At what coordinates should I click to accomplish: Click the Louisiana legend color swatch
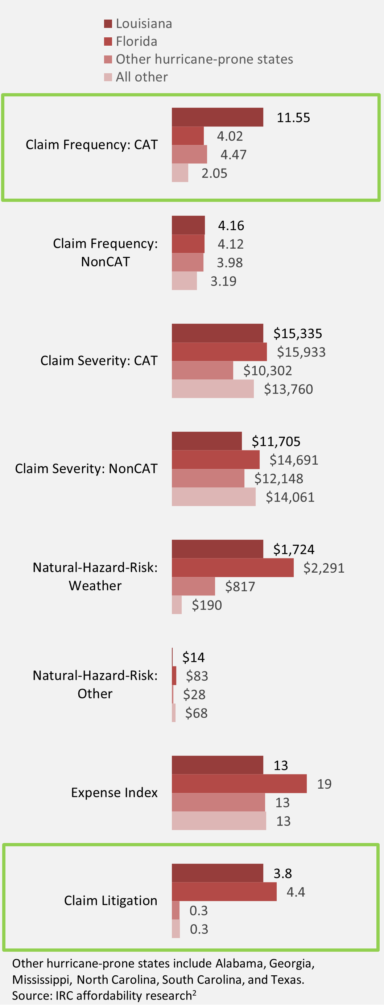coord(108,24)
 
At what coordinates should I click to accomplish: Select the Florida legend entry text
coord(136,41)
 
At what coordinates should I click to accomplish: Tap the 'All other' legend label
coord(142,77)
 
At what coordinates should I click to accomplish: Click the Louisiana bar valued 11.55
coord(217,117)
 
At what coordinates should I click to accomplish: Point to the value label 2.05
coord(214,173)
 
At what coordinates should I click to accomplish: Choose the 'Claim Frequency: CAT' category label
coord(92,145)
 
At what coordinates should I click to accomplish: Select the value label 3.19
coord(223,281)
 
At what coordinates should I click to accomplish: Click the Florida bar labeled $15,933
coord(219,352)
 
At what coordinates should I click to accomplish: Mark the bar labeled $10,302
coord(202,370)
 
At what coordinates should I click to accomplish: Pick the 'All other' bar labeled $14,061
coord(214,497)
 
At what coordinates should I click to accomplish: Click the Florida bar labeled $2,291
coord(232,568)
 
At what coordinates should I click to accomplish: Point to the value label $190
coord(207,605)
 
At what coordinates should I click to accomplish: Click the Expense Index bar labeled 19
coord(239,784)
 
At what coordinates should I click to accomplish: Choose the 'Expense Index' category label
coord(114,793)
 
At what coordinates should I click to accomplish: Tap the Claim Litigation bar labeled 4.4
coord(224,892)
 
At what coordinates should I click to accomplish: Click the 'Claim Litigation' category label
coord(111,901)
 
